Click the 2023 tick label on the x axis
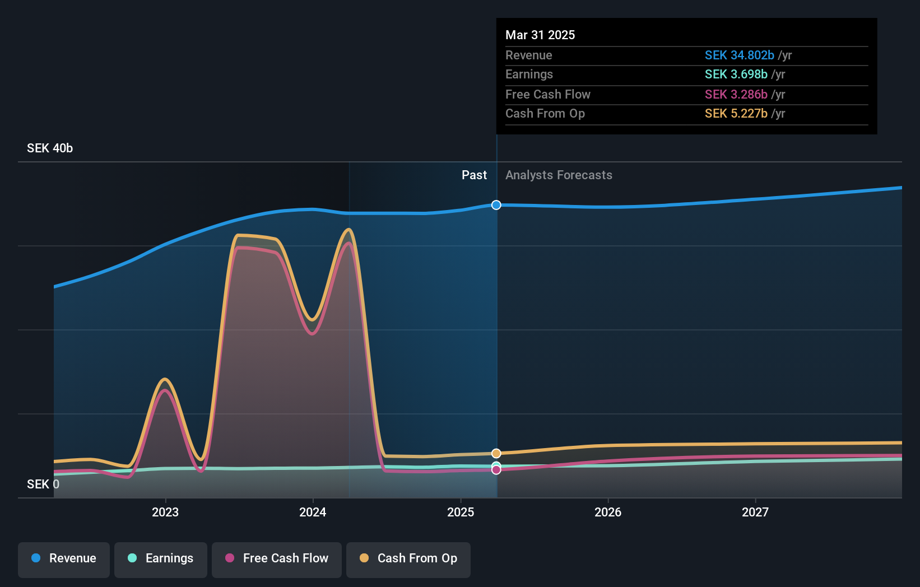pos(165,512)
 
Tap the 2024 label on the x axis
pos(313,512)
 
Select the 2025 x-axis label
pos(461,512)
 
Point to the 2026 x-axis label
pos(608,512)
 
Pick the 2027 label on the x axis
pos(755,512)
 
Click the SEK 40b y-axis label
pos(50,148)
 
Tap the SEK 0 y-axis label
pos(43,484)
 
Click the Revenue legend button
pos(64,558)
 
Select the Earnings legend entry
pos(161,558)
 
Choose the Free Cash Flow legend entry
pos(277,558)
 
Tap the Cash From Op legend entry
pos(408,558)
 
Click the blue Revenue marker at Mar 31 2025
pos(496,205)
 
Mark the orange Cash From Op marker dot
pos(496,453)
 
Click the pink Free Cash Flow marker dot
pos(496,470)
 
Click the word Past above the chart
pos(474,175)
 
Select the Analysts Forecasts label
pos(559,175)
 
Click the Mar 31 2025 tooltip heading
pos(540,35)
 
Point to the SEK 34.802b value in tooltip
pos(739,55)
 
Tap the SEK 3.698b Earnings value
pos(736,74)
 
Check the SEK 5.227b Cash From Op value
pos(736,113)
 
